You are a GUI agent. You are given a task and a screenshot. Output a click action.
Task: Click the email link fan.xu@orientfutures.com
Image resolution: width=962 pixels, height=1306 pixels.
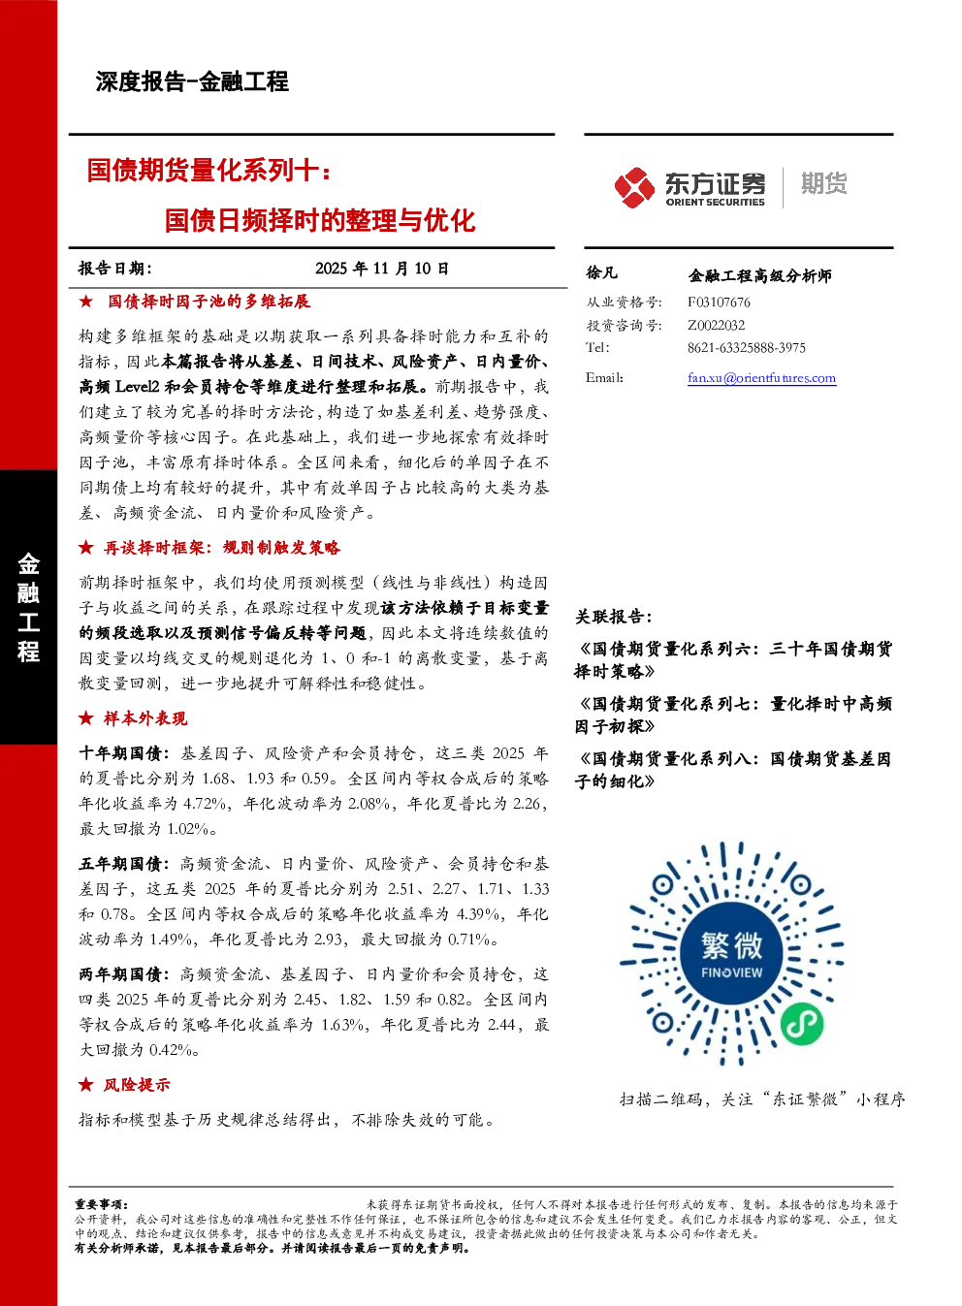(761, 378)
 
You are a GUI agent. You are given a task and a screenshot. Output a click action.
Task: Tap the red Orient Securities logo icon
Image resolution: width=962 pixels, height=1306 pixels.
(634, 188)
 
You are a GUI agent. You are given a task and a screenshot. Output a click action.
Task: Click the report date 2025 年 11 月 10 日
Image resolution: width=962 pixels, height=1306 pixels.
(382, 269)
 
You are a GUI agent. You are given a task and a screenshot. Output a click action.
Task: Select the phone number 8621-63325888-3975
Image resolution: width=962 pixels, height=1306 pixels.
(747, 348)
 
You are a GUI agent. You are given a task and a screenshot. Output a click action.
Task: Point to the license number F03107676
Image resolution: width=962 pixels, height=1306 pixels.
(719, 302)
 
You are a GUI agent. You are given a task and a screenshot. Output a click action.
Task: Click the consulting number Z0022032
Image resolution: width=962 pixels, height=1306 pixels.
(716, 325)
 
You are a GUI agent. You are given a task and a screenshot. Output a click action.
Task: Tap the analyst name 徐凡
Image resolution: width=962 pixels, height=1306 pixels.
(601, 272)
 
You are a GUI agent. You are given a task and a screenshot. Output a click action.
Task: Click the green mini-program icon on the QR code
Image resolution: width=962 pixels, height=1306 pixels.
(802, 1024)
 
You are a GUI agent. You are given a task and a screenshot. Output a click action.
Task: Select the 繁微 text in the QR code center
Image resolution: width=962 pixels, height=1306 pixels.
(731, 945)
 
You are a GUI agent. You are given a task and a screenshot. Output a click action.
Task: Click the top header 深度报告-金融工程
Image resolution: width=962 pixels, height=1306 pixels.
(192, 81)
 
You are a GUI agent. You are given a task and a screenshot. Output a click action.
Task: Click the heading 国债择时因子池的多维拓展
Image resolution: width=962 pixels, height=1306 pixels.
(208, 302)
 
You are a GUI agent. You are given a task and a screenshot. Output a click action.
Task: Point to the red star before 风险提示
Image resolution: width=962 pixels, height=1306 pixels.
(85, 1084)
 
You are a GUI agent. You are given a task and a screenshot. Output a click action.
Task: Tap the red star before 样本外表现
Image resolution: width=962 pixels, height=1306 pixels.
(85, 718)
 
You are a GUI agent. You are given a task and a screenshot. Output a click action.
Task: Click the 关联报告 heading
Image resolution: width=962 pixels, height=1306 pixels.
(613, 617)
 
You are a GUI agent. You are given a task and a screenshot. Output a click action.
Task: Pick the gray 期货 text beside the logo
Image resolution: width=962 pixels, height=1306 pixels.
(823, 183)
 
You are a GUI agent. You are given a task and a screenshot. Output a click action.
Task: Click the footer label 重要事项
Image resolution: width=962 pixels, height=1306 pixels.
(100, 1204)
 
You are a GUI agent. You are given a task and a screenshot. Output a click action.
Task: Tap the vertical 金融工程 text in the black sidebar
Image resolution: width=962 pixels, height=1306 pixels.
(28, 608)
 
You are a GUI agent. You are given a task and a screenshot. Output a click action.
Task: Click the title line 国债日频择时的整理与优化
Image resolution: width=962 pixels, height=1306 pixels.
(319, 221)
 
